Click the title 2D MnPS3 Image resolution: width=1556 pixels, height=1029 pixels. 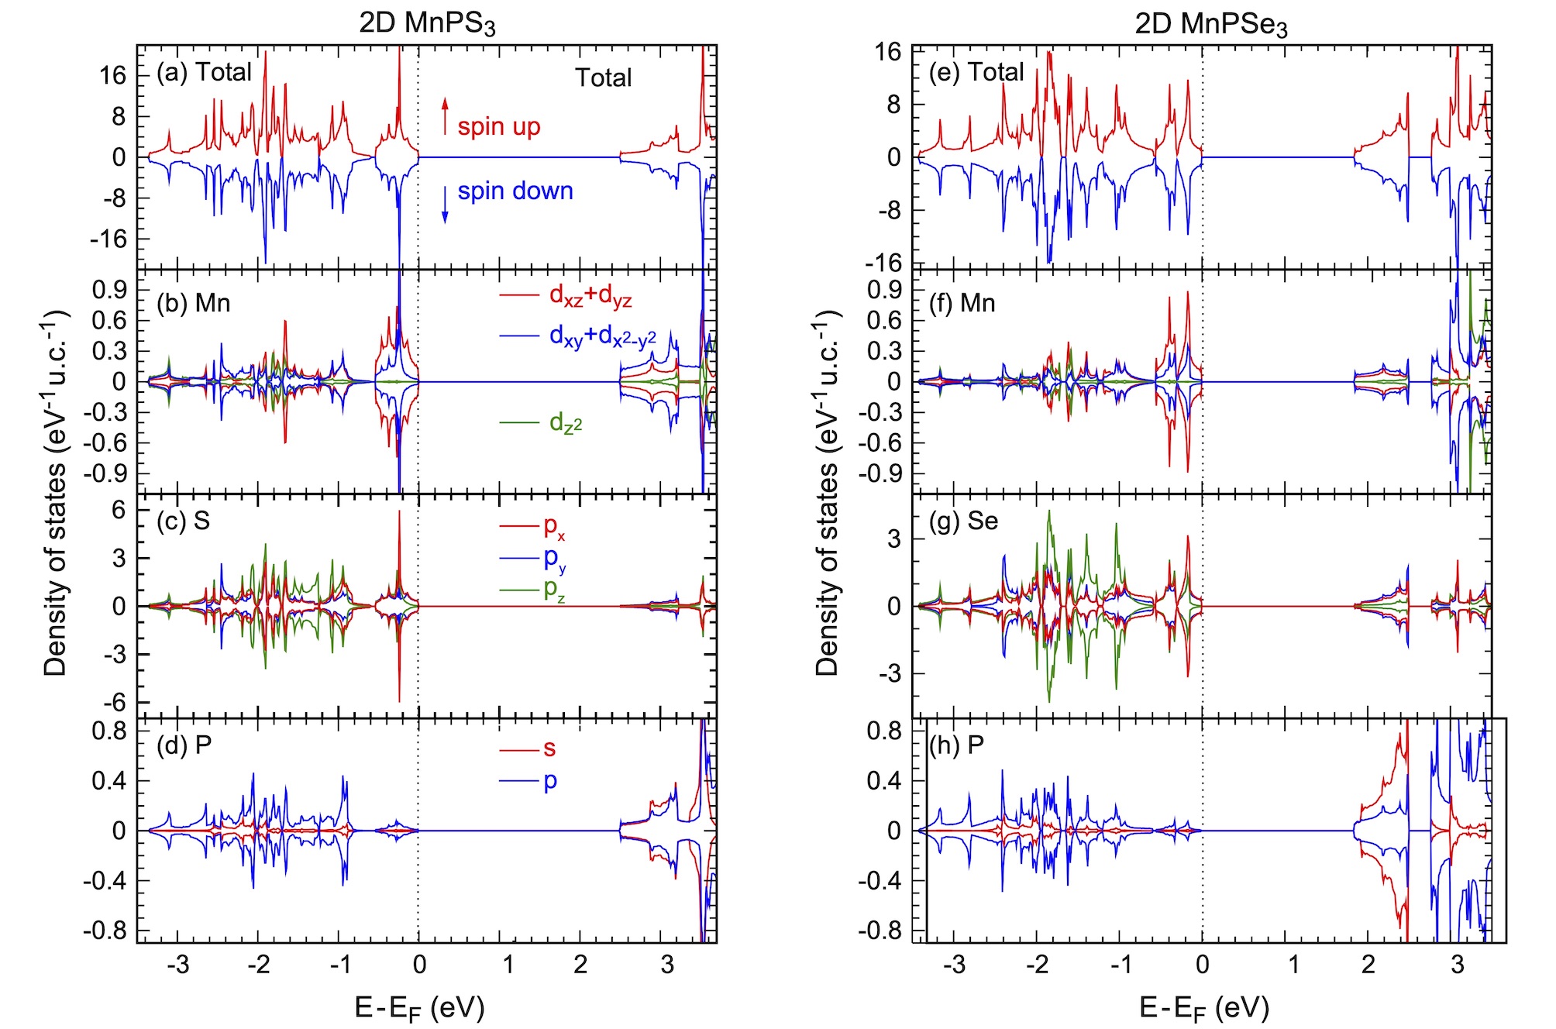[427, 23]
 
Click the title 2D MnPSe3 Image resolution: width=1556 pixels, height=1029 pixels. [1211, 25]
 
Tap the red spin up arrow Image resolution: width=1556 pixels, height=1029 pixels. [445, 116]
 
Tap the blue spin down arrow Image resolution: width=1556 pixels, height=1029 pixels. [445, 205]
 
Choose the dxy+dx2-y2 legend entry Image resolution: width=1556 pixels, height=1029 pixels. [577, 337]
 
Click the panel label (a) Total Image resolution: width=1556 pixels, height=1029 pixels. [204, 72]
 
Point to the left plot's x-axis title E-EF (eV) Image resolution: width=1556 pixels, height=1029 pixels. [419, 1008]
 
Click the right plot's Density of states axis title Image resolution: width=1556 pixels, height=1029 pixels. [828, 492]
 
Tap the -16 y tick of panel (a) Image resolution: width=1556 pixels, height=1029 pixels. [108, 239]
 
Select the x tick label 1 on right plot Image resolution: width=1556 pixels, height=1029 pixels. [1293, 965]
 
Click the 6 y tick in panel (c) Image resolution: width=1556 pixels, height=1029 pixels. [118, 510]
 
